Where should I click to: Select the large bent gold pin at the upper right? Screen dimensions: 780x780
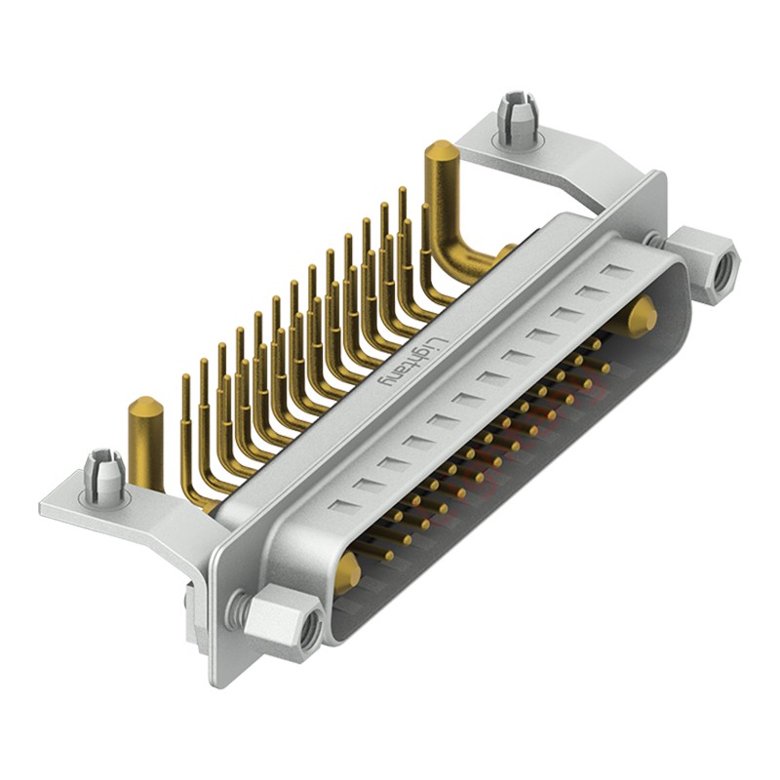coord(449,210)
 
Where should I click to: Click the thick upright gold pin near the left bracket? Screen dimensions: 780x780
coord(146,439)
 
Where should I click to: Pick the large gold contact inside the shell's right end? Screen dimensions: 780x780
coord(641,316)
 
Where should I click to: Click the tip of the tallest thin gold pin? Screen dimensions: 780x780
coord(402,192)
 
